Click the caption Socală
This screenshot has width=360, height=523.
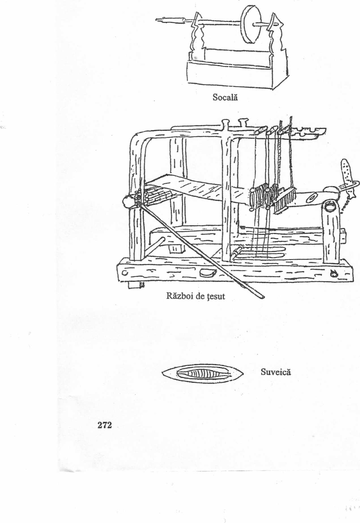(225, 97)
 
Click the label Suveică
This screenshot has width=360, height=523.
(276, 372)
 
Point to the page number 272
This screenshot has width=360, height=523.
(105, 425)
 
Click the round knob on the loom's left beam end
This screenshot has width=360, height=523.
(127, 201)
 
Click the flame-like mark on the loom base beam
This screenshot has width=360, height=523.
(334, 274)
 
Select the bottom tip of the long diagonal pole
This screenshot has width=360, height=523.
(263, 297)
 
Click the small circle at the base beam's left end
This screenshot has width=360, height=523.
(124, 273)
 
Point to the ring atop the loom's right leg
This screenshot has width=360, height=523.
(330, 207)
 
